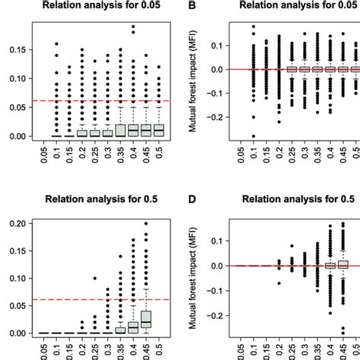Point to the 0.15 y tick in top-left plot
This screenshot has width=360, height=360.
tap(13, 49)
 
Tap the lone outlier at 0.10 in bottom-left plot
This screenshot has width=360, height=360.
tap(95, 278)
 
